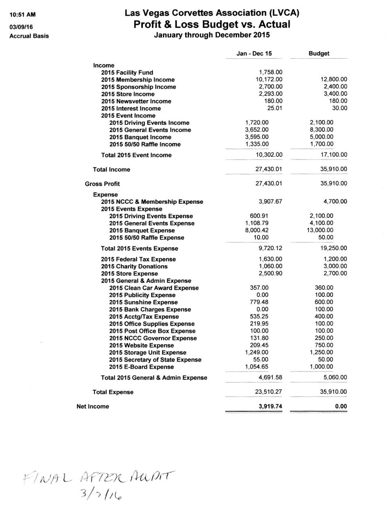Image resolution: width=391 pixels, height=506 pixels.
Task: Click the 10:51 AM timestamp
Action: [x=22, y=15]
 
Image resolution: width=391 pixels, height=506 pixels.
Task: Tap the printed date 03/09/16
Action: [x=21, y=25]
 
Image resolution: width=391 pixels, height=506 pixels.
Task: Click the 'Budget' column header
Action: [x=319, y=54]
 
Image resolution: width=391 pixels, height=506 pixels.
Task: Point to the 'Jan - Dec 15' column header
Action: [x=254, y=54]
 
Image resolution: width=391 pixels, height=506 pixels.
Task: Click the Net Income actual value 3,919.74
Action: [x=270, y=406]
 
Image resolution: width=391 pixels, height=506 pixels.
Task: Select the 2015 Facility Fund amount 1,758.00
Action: [x=271, y=72]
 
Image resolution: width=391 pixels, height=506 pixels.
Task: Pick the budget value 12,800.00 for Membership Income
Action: [x=334, y=79]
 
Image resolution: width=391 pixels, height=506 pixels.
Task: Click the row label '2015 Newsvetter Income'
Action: [x=136, y=101]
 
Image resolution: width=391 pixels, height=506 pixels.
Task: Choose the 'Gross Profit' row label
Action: [x=102, y=184]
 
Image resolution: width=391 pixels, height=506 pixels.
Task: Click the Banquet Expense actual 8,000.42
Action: [x=257, y=230]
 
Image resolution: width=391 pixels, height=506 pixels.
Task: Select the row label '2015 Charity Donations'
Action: [x=134, y=266]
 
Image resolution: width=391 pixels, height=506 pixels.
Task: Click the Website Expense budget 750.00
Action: [x=324, y=345]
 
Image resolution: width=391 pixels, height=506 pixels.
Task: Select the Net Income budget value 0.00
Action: [x=341, y=406]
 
